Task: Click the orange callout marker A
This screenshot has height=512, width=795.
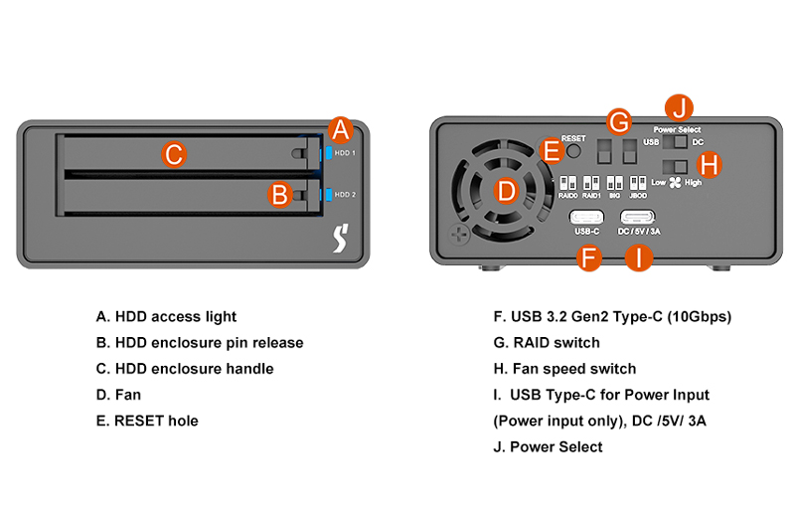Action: (x=341, y=129)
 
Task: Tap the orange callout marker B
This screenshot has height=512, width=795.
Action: (x=280, y=193)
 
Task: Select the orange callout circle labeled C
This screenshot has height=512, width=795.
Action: (x=173, y=154)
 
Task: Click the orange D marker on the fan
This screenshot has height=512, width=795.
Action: (x=506, y=191)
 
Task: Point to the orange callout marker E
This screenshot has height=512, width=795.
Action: (x=551, y=151)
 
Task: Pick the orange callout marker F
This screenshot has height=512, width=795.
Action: (x=589, y=258)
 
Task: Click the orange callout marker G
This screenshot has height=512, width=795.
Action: (x=619, y=122)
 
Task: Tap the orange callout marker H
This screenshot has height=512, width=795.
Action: (x=710, y=164)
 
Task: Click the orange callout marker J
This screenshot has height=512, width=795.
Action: (x=681, y=107)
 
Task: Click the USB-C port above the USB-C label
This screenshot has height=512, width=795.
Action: (x=586, y=218)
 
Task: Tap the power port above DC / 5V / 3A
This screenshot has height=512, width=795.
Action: (x=638, y=218)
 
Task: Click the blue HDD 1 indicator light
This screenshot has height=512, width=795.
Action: (x=325, y=154)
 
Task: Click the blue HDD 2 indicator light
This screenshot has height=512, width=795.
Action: (x=325, y=194)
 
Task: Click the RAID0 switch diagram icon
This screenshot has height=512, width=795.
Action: (x=568, y=185)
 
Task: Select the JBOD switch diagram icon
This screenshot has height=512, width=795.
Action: (x=638, y=185)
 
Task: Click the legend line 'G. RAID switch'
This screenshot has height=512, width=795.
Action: (x=547, y=343)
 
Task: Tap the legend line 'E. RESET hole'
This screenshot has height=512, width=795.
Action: (x=147, y=421)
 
